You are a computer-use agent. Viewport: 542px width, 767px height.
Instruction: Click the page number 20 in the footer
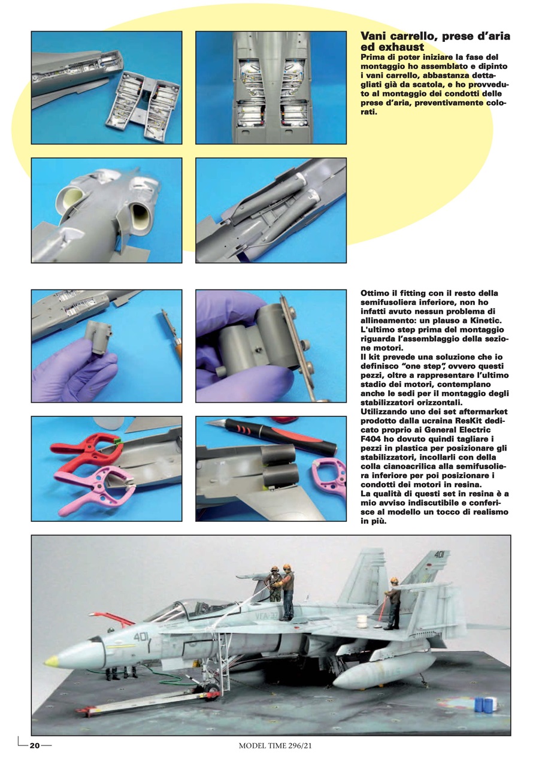click(35, 745)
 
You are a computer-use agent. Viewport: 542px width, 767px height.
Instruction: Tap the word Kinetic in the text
click(483, 322)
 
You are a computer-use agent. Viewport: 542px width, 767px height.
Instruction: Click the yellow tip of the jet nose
click(52, 661)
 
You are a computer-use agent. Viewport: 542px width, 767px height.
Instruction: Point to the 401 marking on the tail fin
click(439, 555)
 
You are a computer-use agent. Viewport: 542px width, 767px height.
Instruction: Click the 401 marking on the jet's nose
click(141, 637)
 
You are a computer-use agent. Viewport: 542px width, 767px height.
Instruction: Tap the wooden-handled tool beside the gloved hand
click(172, 336)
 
